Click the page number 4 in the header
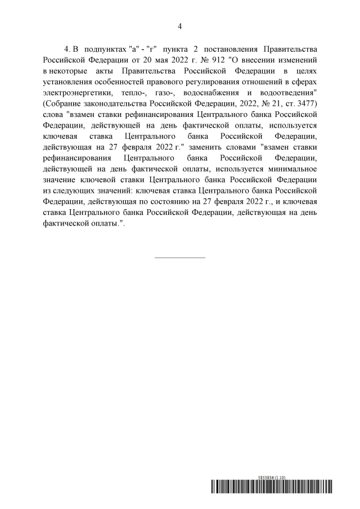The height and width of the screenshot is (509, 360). [180, 26]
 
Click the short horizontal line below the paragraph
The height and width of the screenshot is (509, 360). [180, 258]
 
